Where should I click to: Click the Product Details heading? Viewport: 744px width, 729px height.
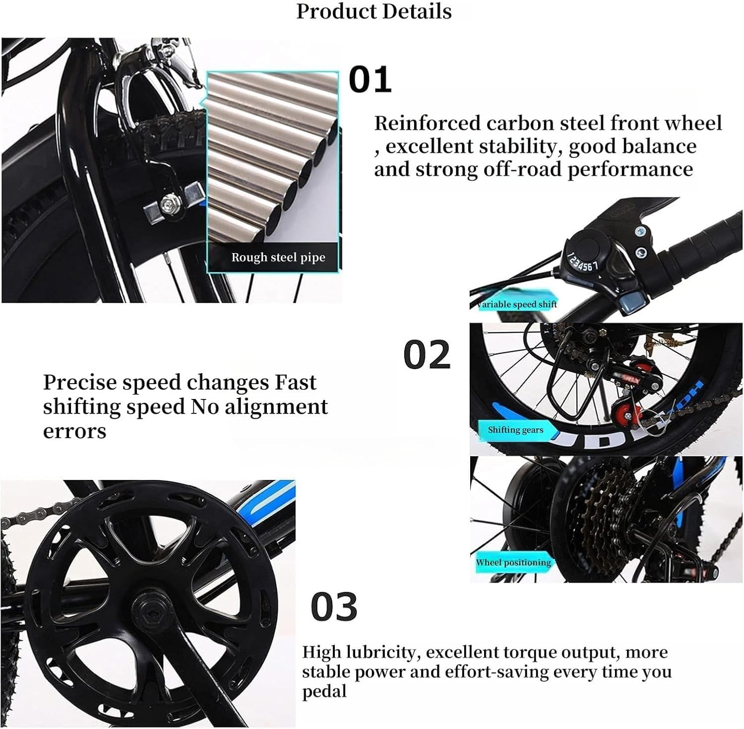point(374,11)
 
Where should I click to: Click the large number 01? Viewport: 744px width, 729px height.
point(370,79)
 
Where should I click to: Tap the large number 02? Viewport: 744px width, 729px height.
point(427,355)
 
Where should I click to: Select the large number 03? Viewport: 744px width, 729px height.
point(334,607)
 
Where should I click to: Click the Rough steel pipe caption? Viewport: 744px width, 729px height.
point(278,257)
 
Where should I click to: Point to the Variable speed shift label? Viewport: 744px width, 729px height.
point(516,304)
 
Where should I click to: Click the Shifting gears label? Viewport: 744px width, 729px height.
point(515,430)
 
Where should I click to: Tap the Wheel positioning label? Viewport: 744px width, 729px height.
point(513,562)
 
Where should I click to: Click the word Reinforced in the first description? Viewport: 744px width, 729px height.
point(427,123)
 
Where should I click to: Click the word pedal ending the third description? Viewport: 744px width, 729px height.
point(324,691)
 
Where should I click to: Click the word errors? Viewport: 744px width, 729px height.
point(74,431)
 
